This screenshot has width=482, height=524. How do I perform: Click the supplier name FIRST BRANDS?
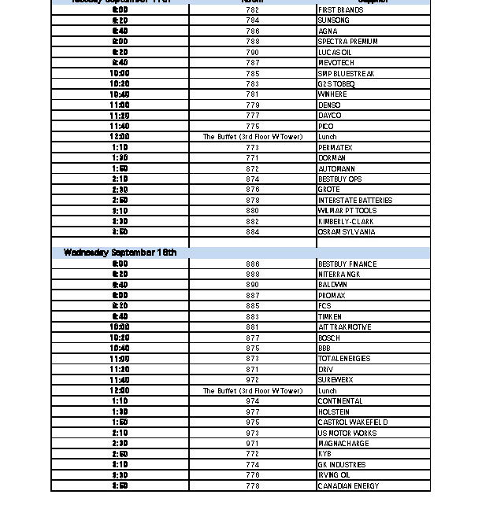pyautogui.click(x=340, y=10)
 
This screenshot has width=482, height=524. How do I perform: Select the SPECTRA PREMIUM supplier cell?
pyautogui.click(x=347, y=42)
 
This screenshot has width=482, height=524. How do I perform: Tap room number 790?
pyautogui.click(x=252, y=53)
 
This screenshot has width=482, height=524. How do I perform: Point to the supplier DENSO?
pyautogui.click(x=329, y=105)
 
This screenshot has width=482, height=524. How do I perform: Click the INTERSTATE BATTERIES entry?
pyautogui.click(x=354, y=201)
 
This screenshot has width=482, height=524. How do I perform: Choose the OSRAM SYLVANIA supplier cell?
pyautogui.click(x=347, y=232)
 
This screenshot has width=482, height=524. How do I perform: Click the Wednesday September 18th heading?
pyautogui.click(x=120, y=253)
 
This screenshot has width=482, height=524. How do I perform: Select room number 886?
pyautogui.click(x=252, y=264)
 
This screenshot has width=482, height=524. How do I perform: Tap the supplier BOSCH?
pyautogui.click(x=329, y=338)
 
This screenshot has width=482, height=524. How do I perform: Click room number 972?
pyautogui.click(x=252, y=380)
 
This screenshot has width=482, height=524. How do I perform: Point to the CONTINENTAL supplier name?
pyautogui.click(x=340, y=401)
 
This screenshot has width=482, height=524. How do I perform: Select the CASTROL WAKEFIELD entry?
pyautogui.click(x=353, y=423)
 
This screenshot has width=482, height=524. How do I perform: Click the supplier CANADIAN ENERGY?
pyautogui.click(x=348, y=486)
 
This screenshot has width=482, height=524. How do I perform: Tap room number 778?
pyautogui.click(x=252, y=486)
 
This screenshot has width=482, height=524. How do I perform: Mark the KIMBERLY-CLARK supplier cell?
pyautogui.click(x=346, y=222)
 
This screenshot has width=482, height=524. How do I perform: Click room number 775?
pyautogui.click(x=252, y=127)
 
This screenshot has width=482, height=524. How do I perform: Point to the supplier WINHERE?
pyautogui.click(x=332, y=94)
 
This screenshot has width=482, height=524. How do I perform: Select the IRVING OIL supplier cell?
pyautogui.click(x=334, y=475)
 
